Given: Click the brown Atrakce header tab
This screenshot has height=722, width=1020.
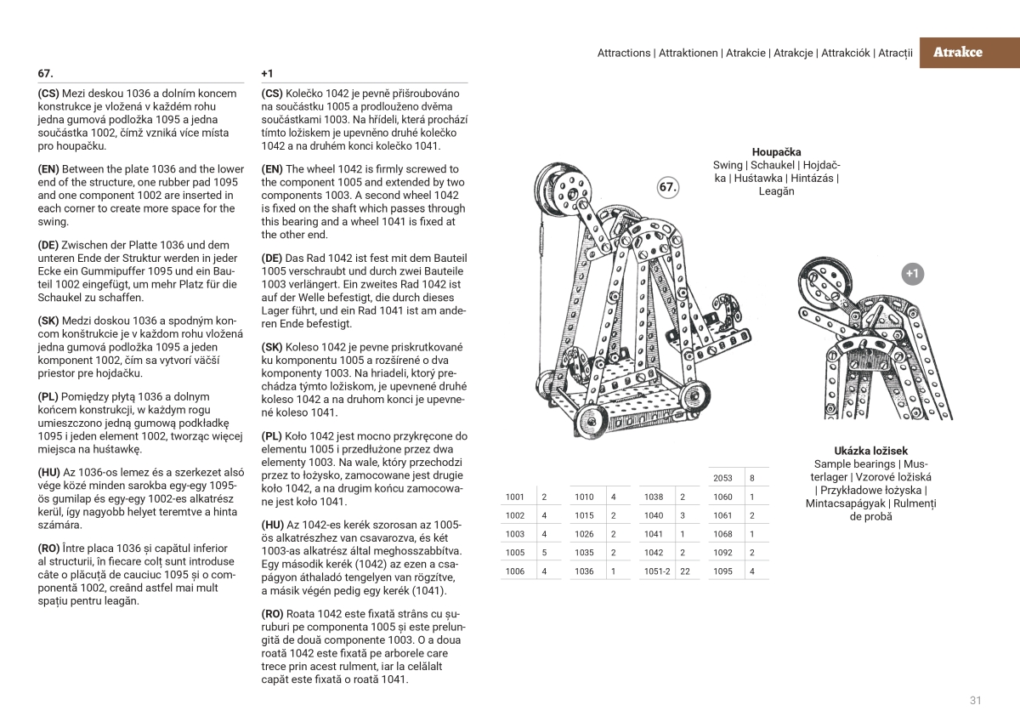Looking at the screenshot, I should click(x=957, y=52).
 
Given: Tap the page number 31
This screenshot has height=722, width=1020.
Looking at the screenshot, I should click(x=975, y=701).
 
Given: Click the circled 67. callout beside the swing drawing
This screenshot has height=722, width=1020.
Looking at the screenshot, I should click(x=669, y=188).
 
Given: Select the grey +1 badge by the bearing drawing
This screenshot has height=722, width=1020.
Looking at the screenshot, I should click(x=912, y=274).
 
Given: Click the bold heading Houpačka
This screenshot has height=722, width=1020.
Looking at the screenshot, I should click(x=776, y=152).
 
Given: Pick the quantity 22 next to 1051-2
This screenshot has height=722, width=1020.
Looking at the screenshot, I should click(x=684, y=571).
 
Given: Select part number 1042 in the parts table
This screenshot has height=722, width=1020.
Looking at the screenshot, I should click(x=653, y=553).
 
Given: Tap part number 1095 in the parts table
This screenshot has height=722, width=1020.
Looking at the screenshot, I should click(x=722, y=571).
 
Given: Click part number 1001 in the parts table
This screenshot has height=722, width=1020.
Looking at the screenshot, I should click(x=515, y=497).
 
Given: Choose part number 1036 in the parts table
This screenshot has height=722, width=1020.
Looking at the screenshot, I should click(x=584, y=571).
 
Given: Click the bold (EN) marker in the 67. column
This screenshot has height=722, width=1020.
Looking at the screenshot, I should click(x=48, y=169).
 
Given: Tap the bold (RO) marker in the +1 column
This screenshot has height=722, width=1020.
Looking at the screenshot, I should click(x=272, y=613).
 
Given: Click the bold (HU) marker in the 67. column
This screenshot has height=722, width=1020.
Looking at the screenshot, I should click(x=48, y=472).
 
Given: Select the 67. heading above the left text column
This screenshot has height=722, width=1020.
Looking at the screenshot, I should click(x=45, y=74).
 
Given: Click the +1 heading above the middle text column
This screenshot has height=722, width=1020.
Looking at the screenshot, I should click(x=267, y=74).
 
